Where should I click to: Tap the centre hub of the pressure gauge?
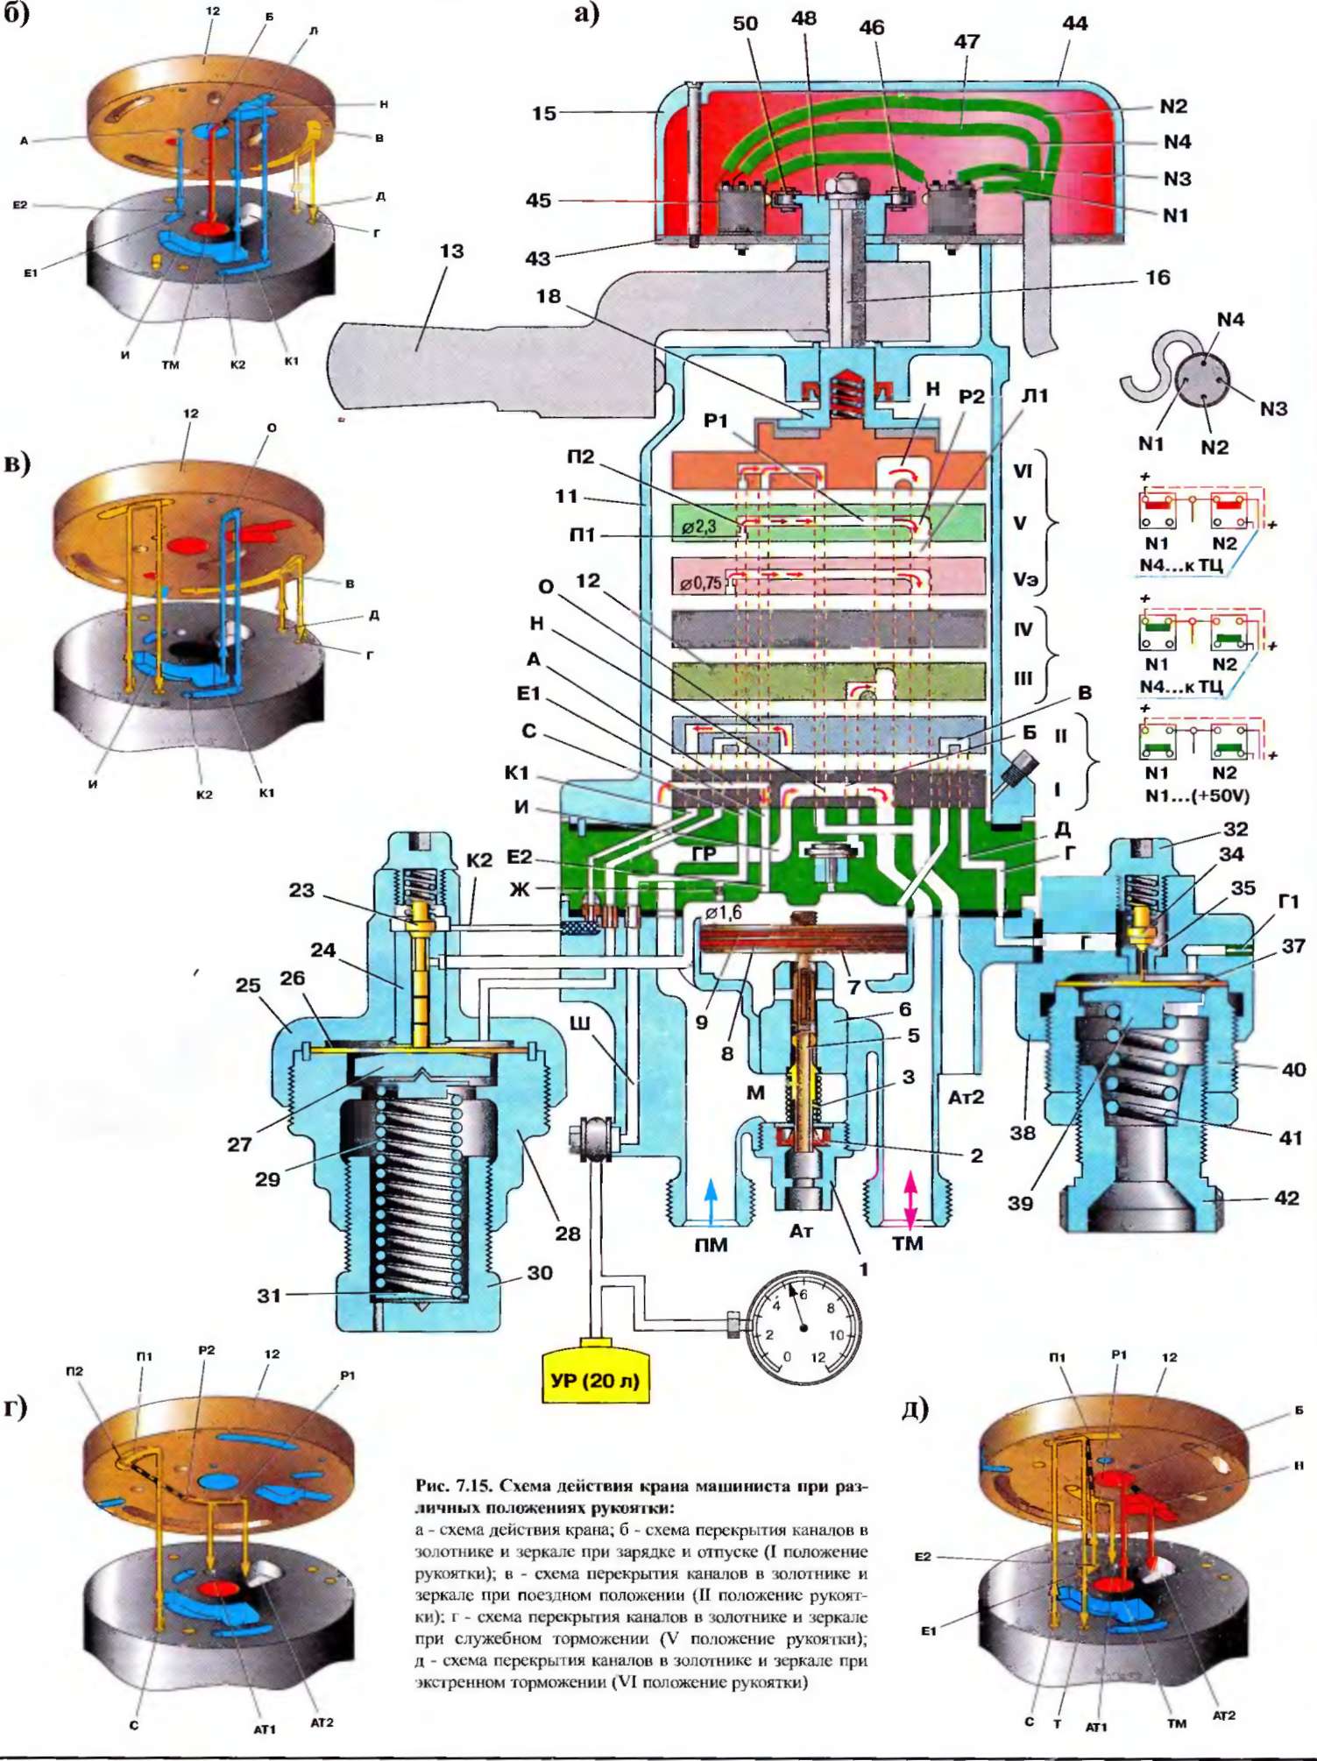pyautogui.click(x=804, y=1328)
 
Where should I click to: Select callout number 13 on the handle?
pyautogui.click(x=451, y=251)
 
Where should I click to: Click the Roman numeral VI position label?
pyautogui.click(x=1022, y=471)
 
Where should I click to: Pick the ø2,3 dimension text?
pyautogui.click(x=698, y=527)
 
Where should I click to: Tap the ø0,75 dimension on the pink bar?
pyautogui.click(x=701, y=583)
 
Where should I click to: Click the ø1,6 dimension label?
pyautogui.click(x=724, y=913)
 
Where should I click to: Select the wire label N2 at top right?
pyautogui.click(x=1173, y=106)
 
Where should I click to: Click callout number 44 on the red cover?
pyautogui.click(x=1074, y=24)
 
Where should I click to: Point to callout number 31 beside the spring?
pyautogui.click(x=269, y=1295)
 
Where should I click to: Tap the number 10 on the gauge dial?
pyautogui.click(x=836, y=1335)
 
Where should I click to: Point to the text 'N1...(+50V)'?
pyautogui.click(x=1197, y=796)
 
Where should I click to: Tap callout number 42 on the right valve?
pyautogui.click(x=1285, y=1198)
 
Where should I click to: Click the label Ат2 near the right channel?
pyautogui.click(x=966, y=1096)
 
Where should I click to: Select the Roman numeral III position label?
pyautogui.click(x=1023, y=678)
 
